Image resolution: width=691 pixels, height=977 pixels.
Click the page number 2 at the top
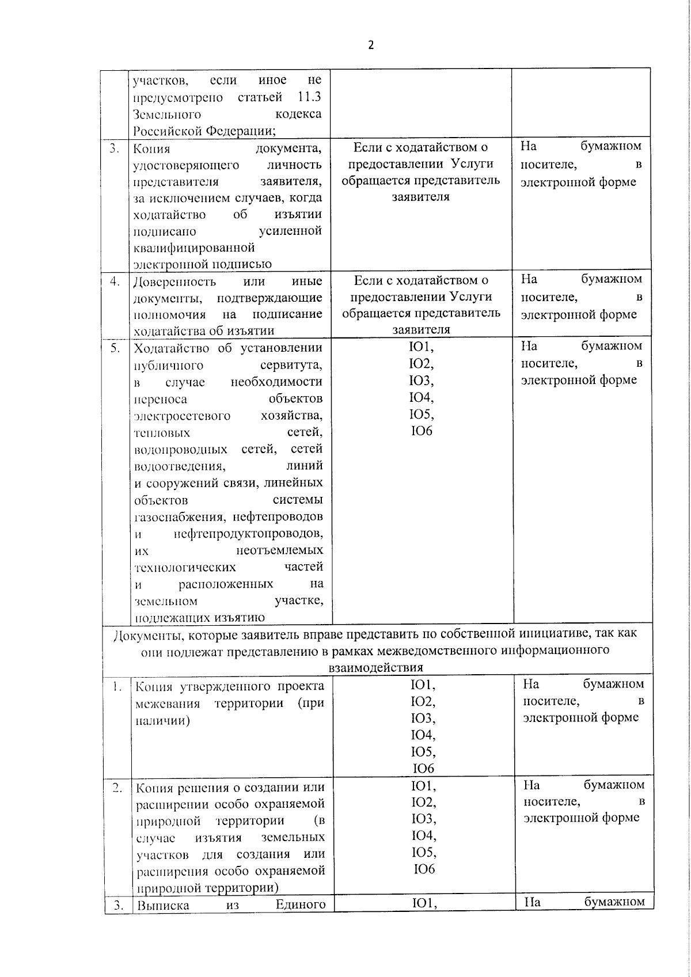pos(371,45)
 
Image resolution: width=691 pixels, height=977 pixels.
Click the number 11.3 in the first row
pos(310,97)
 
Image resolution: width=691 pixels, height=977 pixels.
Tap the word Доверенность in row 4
pos(174,282)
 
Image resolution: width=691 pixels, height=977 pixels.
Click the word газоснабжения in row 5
pos(173,516)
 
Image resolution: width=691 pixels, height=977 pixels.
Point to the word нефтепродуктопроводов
pos(248,533)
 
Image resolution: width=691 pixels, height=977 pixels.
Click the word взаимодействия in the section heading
pos(375,667)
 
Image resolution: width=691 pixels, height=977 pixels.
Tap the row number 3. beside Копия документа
pos(115,148)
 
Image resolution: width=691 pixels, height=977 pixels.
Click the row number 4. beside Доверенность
pos(115,282)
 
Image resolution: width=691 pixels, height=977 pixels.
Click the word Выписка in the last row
pos(163,904)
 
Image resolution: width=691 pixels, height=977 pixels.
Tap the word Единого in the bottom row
pos(301,904)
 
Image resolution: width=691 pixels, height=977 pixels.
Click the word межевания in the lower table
pos(168,704)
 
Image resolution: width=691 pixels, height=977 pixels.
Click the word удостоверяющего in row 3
pos(185,165)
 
